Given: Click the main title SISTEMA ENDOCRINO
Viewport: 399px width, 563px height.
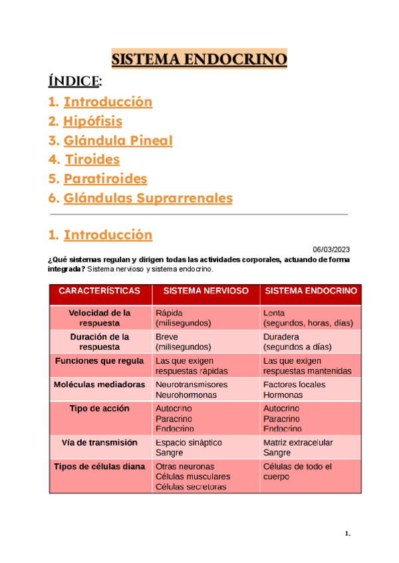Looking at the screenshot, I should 199,60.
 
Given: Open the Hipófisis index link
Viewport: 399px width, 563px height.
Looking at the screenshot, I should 92,121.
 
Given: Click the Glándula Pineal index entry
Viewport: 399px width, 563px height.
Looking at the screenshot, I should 118,141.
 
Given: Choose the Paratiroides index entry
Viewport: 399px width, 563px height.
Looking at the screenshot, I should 105,179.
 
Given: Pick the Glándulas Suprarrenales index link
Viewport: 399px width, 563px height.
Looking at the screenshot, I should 148,199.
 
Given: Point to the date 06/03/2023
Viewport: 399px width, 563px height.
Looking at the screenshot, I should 331,249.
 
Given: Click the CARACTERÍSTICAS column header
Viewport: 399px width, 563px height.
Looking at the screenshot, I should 100,291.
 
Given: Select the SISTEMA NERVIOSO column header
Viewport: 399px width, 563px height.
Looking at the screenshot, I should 206,291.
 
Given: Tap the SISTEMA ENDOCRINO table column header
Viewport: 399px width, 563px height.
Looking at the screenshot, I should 311,291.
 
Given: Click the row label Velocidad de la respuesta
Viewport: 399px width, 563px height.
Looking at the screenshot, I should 100,318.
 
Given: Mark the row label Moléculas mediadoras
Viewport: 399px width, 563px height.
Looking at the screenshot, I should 100,385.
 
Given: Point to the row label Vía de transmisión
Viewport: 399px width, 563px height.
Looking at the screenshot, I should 100,442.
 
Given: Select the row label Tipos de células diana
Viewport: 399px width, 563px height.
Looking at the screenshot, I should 100,467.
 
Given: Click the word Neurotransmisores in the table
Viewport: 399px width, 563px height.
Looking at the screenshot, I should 192,385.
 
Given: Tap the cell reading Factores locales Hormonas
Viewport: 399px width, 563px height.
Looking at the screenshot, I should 295,390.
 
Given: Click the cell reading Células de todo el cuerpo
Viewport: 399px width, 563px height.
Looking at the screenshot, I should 297,471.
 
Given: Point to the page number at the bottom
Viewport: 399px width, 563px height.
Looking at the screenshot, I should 347,533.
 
